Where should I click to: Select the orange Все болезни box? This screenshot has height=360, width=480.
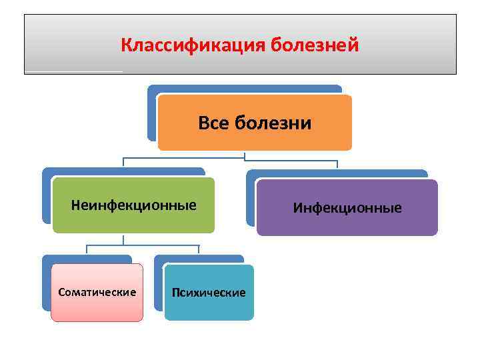pyautogui.click(x=254, y=137)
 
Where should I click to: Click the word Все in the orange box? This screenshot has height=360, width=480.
pyautogui.click(x=212, y=123)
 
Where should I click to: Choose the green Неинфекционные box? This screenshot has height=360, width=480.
pyautogui.click(x=133, y=220)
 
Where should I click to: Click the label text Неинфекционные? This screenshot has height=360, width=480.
pyautogui.click(x=133, y=205)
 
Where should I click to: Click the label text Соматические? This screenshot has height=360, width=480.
pyautogui.click(x=97, y=292)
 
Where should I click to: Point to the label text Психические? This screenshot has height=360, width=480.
pyautogui.click(x=209, y=293)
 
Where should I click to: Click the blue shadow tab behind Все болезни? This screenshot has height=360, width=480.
pyautogui.click(x=152, y=113)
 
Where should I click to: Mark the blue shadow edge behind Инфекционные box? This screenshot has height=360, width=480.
pyautogui.click(x=251, y=200)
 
